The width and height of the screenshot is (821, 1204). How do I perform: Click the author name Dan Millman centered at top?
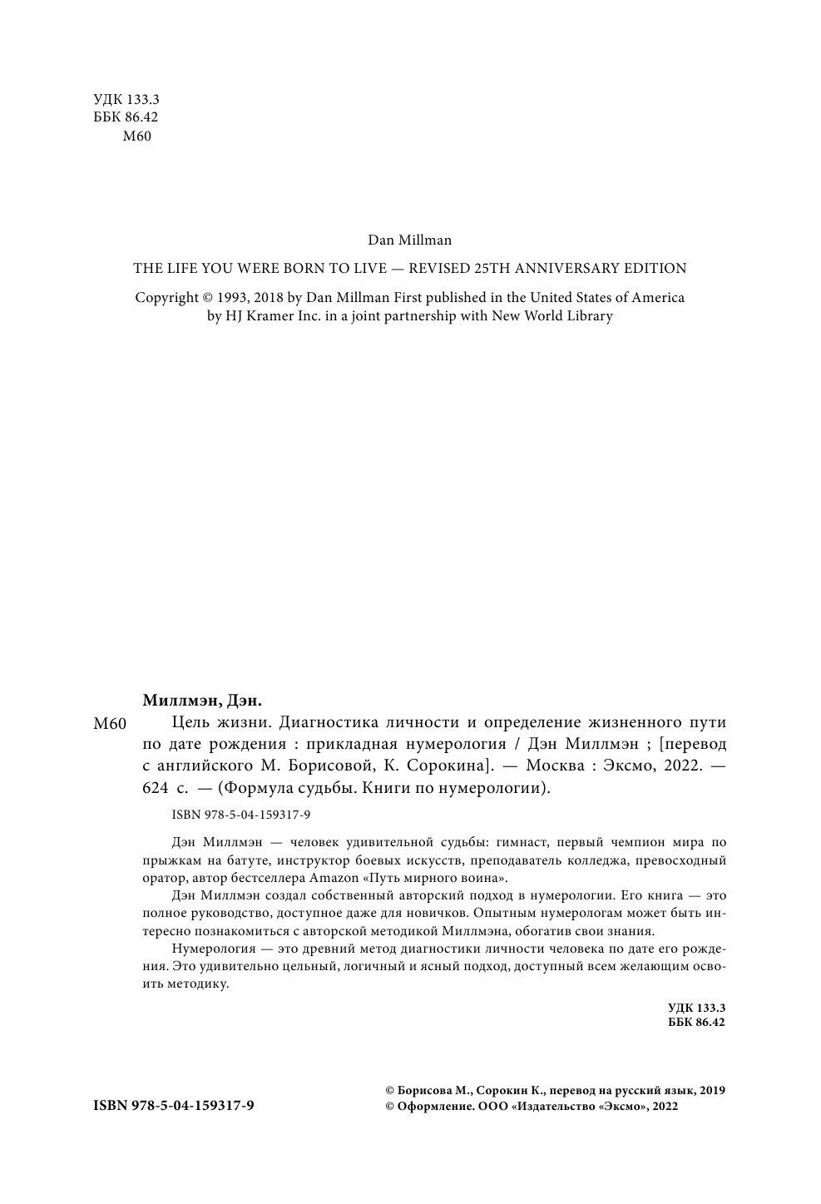[409, 240]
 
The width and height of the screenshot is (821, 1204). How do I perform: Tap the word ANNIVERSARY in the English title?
[566, 269]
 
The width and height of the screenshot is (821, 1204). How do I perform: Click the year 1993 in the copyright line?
[233, 298]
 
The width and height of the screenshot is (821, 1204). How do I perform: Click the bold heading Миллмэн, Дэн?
[197, 700]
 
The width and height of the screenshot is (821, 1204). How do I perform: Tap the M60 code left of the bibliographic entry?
[110, 725]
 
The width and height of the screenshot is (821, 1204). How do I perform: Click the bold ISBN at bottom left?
[174, 1106]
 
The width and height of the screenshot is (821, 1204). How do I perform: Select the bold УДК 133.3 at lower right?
[696, 1008]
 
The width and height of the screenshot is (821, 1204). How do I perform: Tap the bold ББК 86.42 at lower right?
[696, 1022]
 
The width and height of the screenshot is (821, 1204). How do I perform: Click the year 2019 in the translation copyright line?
[712, 1091]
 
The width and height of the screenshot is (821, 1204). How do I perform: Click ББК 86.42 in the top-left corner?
[126, 118]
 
